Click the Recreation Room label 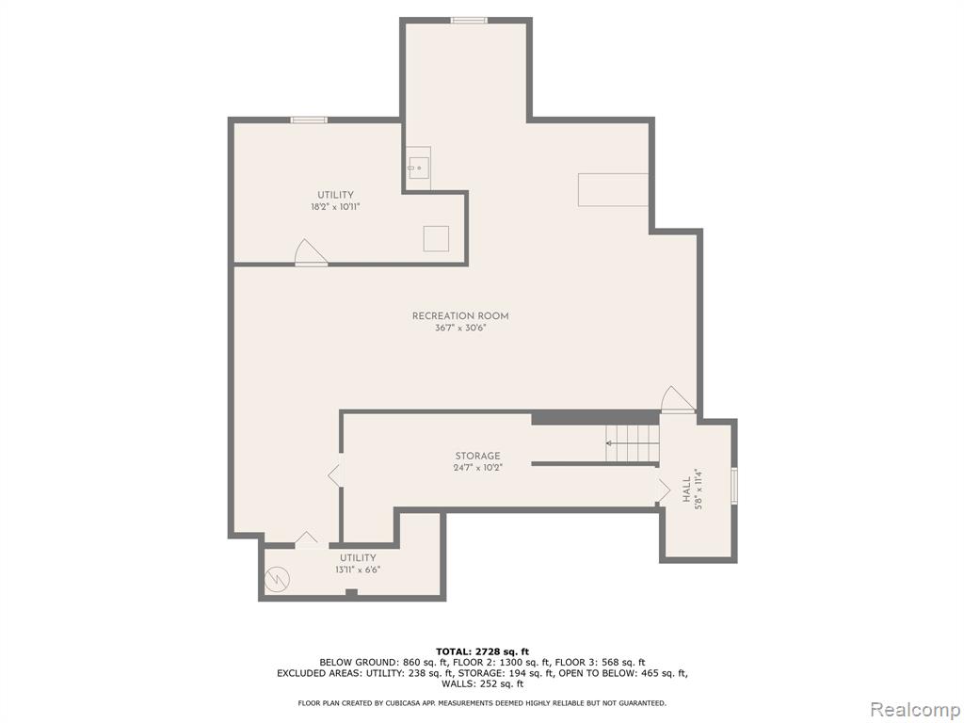coord(459,316)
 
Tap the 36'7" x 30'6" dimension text coord(459,329)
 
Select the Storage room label coord(477,457)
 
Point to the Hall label coord(686,491)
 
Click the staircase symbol coord(632,443)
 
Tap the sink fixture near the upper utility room coord(419,168)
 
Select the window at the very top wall coord(469,21)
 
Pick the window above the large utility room coord(309,120)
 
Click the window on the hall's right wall coord(734,486)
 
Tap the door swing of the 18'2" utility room coord(311,252)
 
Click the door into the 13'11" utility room coord(307,540)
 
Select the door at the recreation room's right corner coord(678,399)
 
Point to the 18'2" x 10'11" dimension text coord(335,207)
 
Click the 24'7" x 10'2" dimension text coord(477,467)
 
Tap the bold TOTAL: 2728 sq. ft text coord(482,651)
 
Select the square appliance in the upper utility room coord(436,238)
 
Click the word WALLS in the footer coord(457,683)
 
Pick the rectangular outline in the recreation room coord(614,189)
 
